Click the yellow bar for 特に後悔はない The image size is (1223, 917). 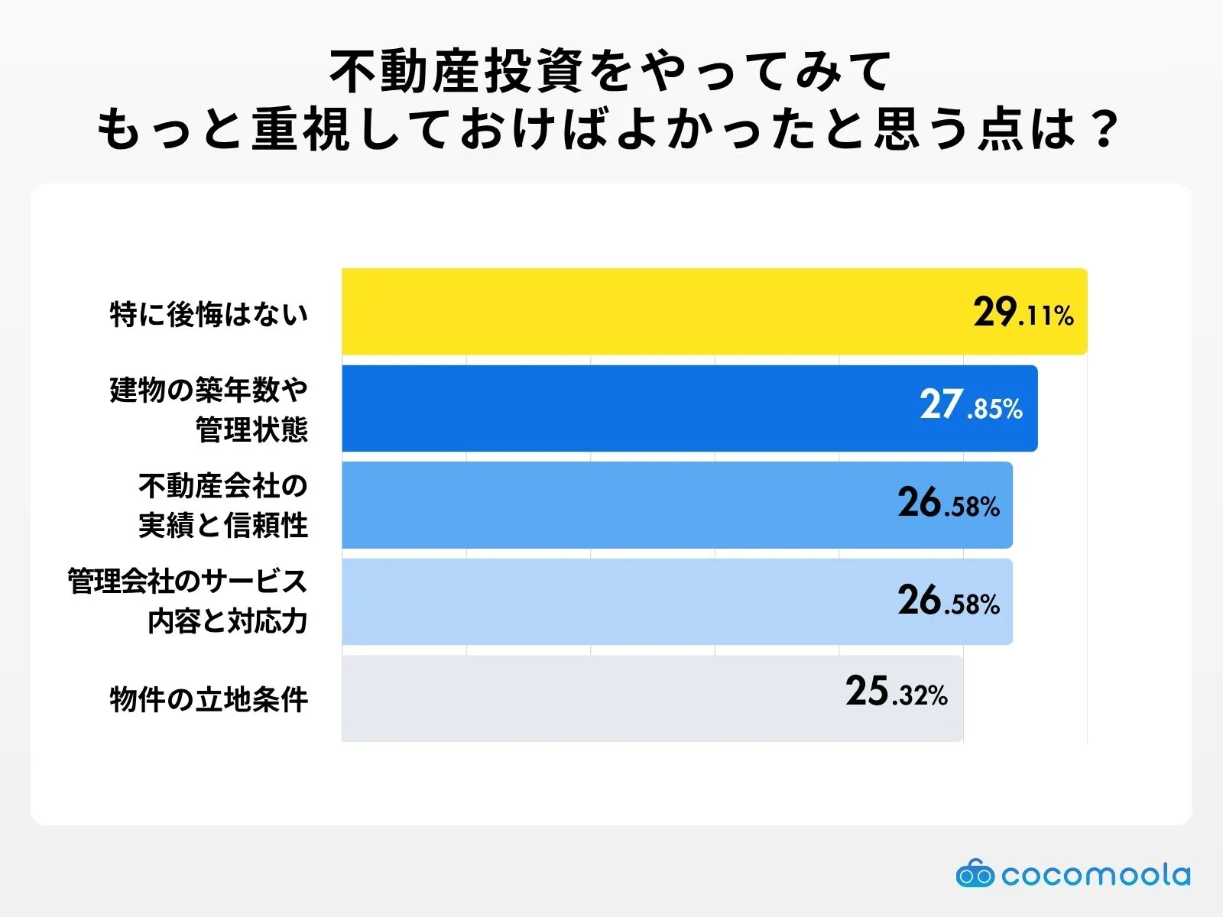coord(650,312)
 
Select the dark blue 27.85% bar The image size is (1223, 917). coord(627,408)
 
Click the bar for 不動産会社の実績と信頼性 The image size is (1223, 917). coord(611,505)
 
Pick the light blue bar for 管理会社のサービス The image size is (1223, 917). coord(611,602)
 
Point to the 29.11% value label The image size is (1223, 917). coord(1023,313)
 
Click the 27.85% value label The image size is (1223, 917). coord(971,406)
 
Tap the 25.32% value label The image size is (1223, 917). coord(896,692)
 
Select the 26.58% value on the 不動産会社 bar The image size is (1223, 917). coord(949,504)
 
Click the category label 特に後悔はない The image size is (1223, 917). coord(209,314)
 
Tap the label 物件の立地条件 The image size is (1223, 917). coord(209,699)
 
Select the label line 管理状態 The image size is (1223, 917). coord(251,429)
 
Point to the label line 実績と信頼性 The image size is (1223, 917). coord(223,526)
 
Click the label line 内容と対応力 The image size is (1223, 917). coord(228,622)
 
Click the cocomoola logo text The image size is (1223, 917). coord(1095,874)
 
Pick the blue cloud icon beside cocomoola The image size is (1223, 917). coord(975,873)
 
